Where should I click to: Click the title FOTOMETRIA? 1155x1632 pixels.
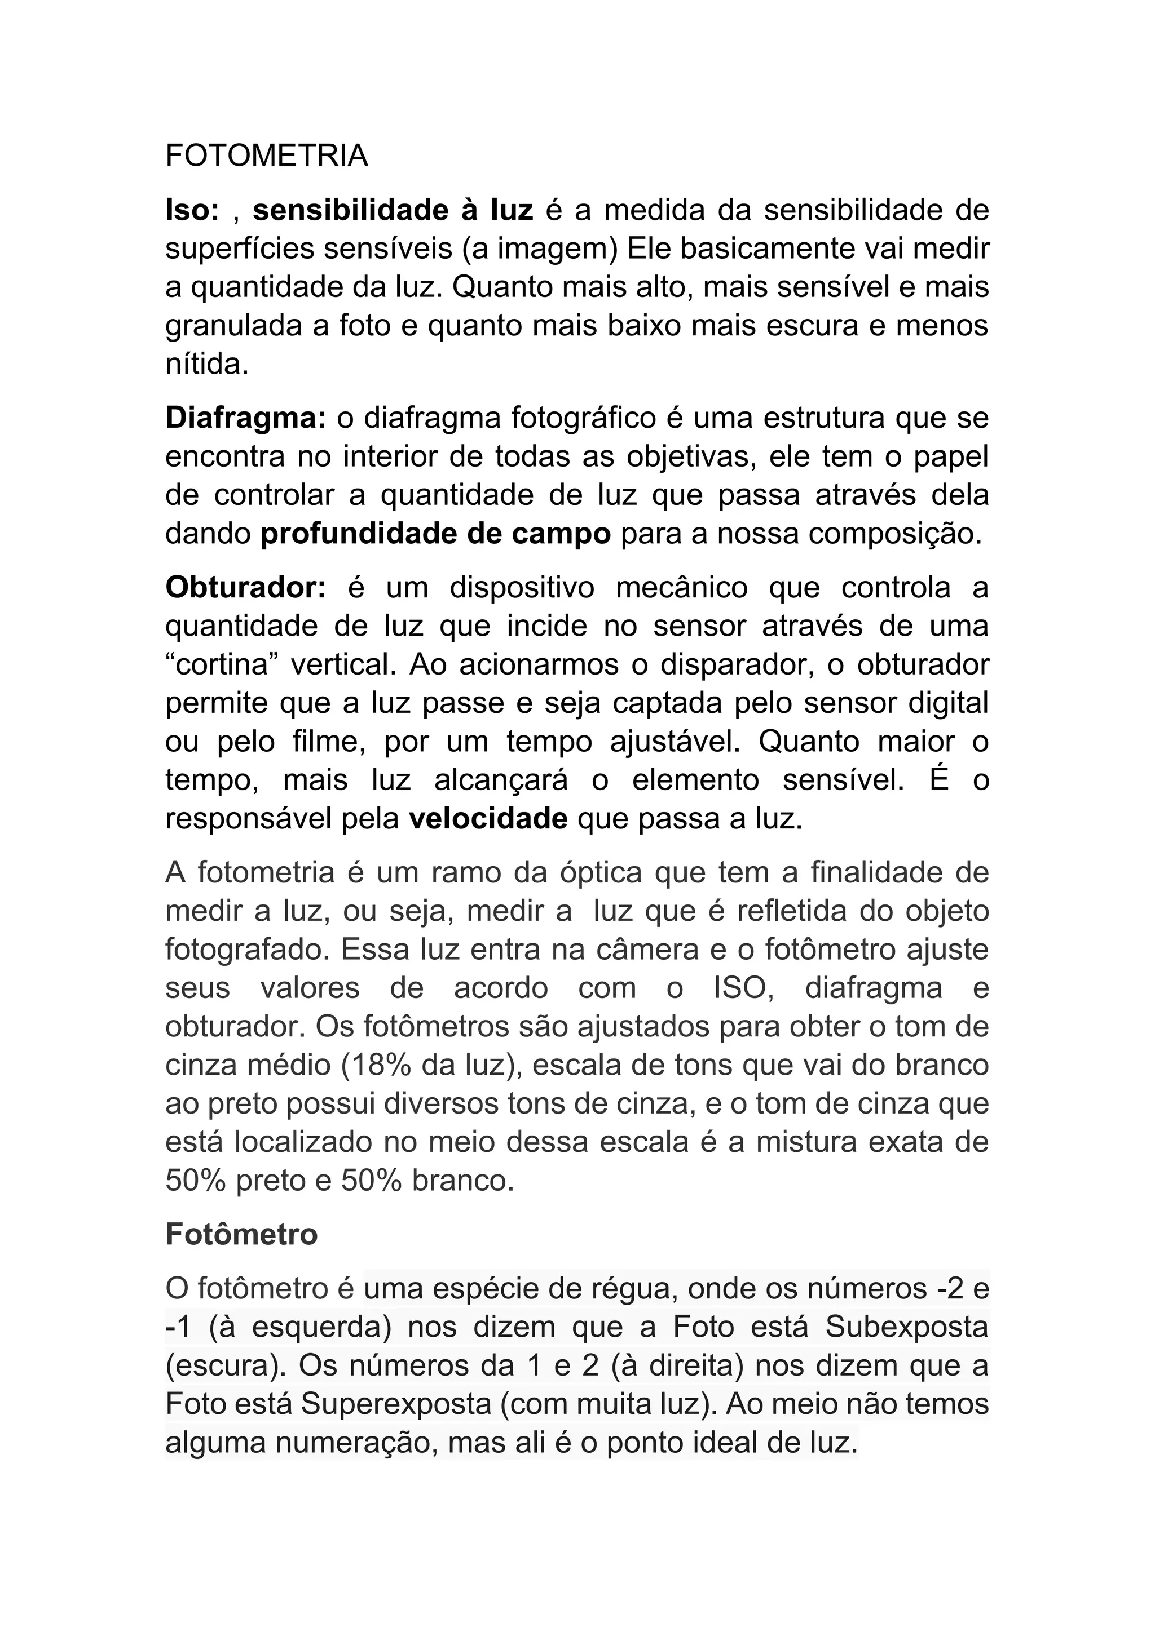(x=267, y=156)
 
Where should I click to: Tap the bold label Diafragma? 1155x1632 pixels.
(x=245, y=418)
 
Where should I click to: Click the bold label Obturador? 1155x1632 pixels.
(x=245, y=588)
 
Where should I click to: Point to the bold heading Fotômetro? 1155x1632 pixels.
(x=241, y=1235)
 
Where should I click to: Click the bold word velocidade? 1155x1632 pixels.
(x=488, y=819)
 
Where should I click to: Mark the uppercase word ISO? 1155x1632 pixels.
(x=743, y=988)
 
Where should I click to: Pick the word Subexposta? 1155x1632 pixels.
(x=907, y=1327)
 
